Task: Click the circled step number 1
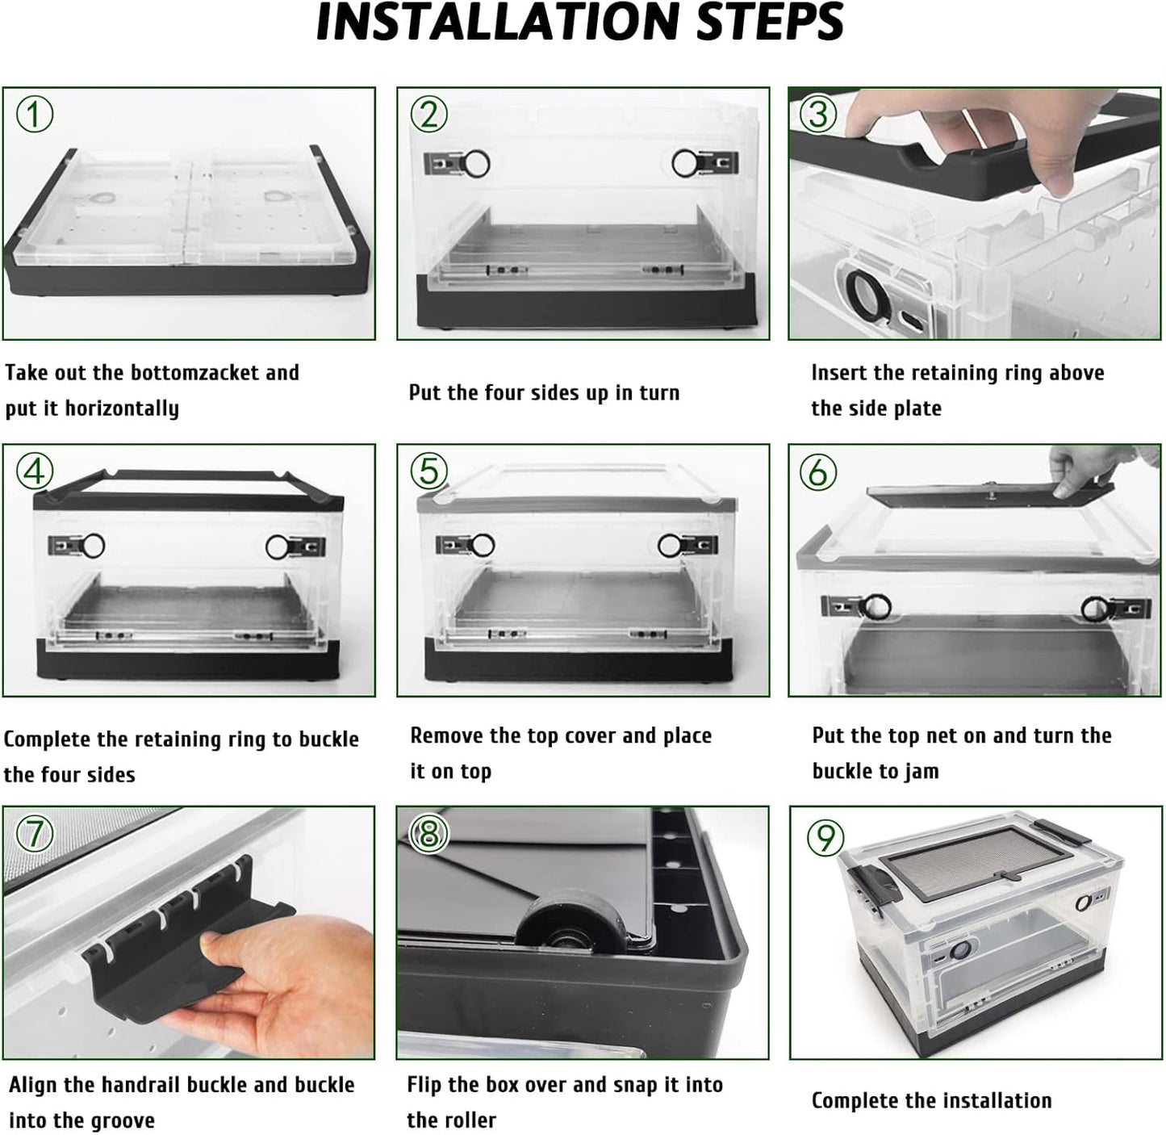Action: coord(34,114)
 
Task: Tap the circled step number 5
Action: coord(429,471)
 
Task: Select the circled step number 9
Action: coord(825,837)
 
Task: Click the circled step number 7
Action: coord(35,833)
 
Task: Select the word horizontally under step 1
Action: coord(122,409)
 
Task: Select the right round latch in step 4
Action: coord(278,547)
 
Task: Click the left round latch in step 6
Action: coord(876,607)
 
